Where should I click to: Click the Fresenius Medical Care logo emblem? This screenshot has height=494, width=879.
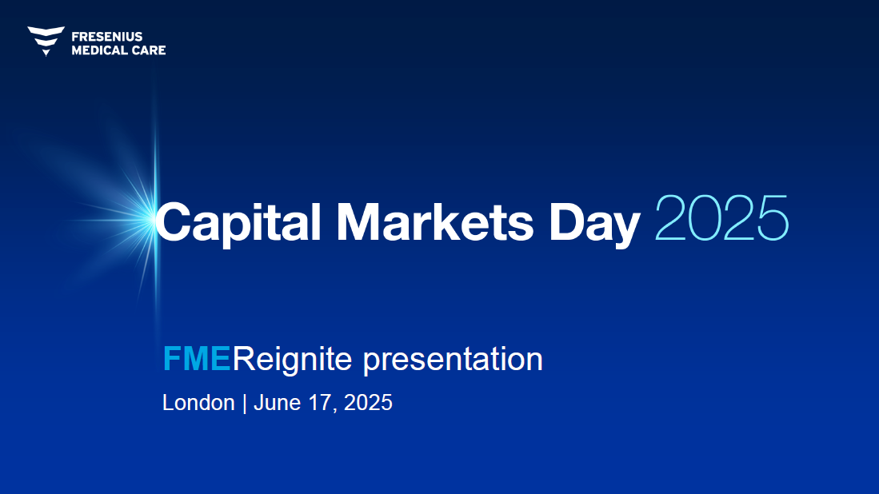point(46,41)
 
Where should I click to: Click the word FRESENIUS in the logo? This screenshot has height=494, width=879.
point(107,37)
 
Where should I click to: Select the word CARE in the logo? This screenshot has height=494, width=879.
point(149,50)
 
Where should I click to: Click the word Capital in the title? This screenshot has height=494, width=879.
point(238,222)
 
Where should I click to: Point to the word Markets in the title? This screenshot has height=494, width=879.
point(435,221)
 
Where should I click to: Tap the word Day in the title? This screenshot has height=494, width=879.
point(595,224)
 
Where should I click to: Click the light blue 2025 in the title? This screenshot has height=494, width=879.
point(722,218)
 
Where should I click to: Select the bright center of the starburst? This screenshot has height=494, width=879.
point(154,219)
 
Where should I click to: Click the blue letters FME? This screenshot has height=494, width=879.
point(197,358)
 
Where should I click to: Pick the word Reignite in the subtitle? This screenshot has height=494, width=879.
point(292,359)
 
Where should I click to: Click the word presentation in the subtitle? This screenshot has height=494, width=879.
point(453,360)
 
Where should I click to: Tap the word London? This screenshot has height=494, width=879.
point(198,403)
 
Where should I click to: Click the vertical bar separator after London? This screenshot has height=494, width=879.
point(245,403)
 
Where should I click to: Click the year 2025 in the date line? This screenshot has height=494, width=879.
point(368,403)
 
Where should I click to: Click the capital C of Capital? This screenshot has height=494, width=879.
point(177,221)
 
